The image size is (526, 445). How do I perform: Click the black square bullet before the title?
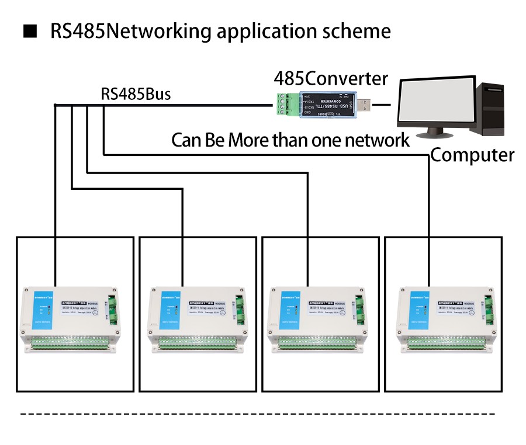tap(29, 31)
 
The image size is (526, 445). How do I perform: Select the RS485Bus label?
tap(136, 94)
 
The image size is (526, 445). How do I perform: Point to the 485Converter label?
tap(331, 78)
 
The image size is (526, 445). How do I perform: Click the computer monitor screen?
tap(435, 104)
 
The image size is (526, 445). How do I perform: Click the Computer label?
tap(472, 155)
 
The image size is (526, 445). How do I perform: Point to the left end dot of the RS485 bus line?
tap(55, 105)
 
